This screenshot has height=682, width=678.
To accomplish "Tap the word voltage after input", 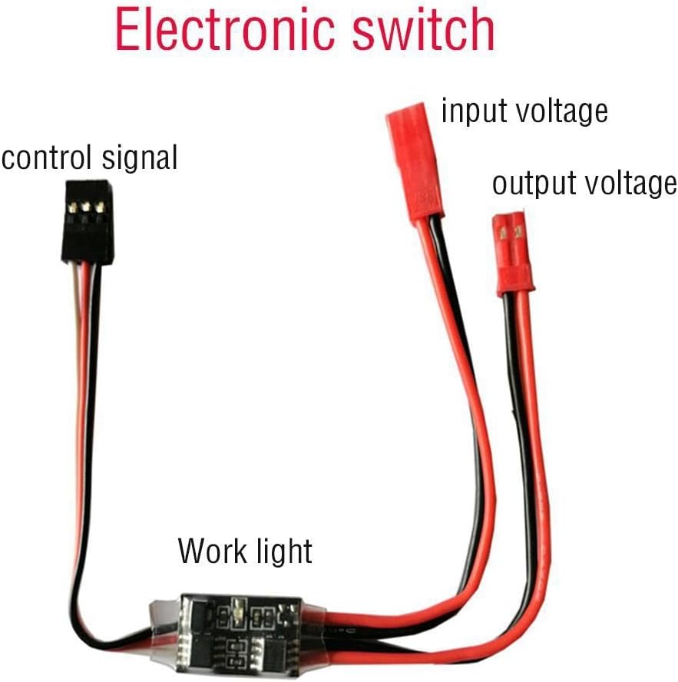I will click(x=560, y=112).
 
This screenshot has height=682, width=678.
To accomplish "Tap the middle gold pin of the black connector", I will click(x=88, y=207).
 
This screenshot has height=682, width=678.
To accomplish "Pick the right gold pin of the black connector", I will click(x=100, y=207).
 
